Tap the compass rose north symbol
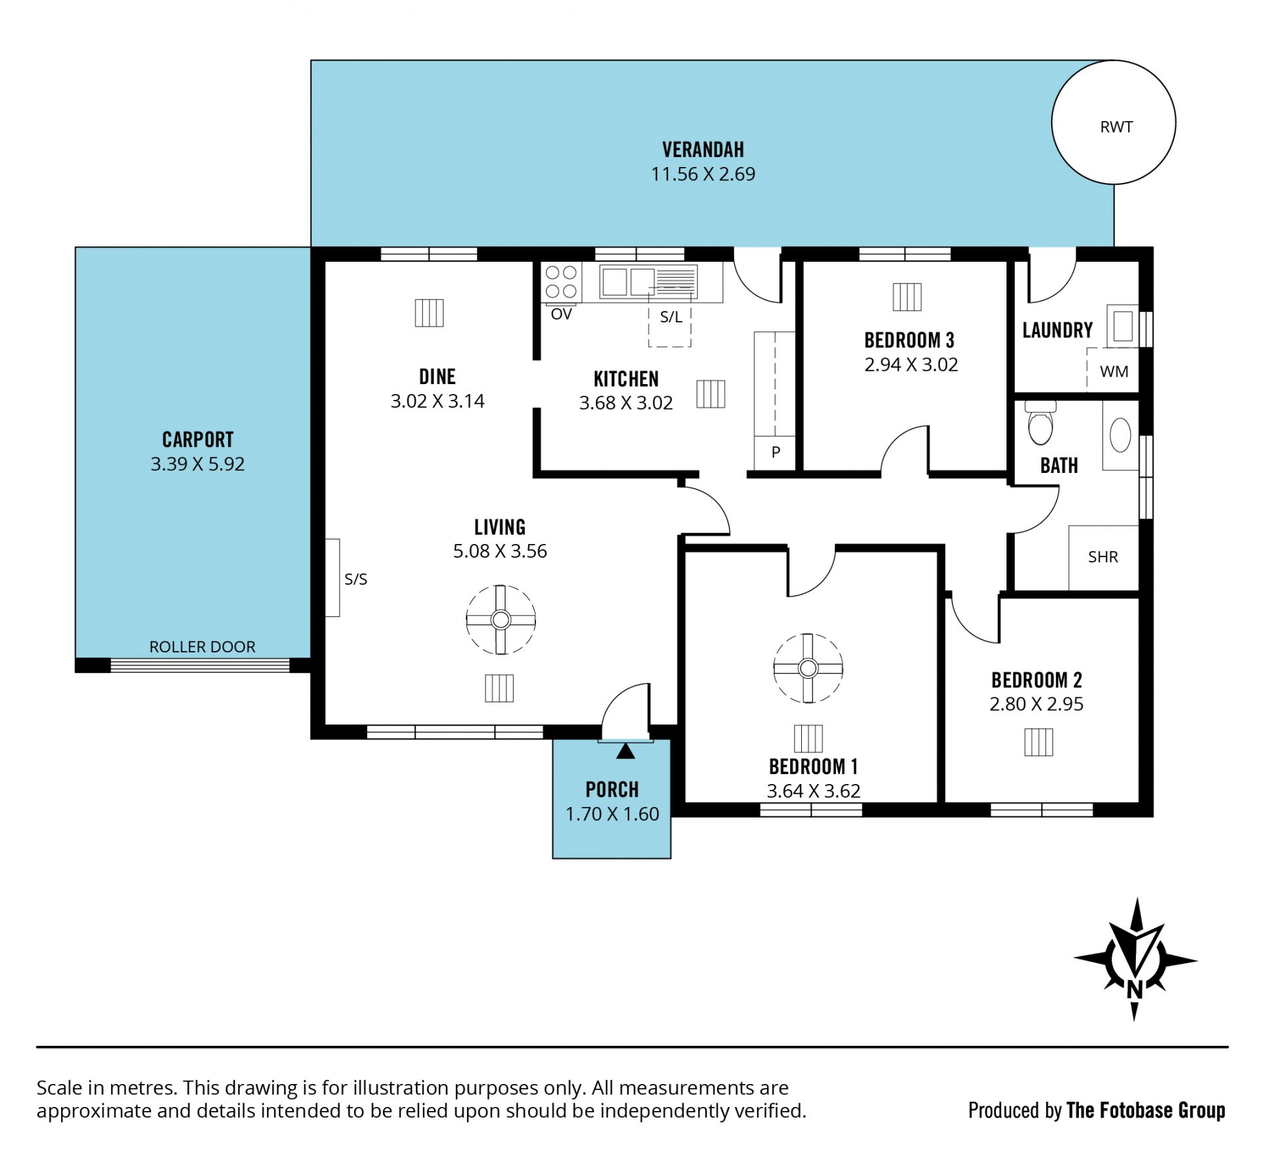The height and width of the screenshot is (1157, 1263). point(1135,959)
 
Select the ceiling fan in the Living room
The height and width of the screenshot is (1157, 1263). point(501,620)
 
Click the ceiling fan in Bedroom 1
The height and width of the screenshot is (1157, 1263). point(808,668)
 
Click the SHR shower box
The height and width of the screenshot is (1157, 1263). point(1103,558)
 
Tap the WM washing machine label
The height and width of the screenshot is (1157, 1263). point(1114,372)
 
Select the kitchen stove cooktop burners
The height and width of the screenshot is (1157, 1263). point(561,282)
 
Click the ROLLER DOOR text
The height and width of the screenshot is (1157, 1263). point(202,647)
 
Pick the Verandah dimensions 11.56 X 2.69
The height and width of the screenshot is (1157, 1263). point(703,174)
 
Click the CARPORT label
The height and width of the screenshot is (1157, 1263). point(198,439)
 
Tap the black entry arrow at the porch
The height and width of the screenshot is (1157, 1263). point(626,750)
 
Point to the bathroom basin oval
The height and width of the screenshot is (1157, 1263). point(1120,435)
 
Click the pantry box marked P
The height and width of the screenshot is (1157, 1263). point(775,453)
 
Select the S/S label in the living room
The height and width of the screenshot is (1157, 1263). point(356,579)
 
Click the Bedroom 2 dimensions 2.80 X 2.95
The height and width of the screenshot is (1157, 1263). point(1036,704)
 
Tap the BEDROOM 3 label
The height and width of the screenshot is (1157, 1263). point(909,340)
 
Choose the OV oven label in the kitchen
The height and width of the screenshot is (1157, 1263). point(561,314)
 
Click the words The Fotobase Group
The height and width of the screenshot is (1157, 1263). point(1146,1110)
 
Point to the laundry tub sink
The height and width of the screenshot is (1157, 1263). point(1122,326)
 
